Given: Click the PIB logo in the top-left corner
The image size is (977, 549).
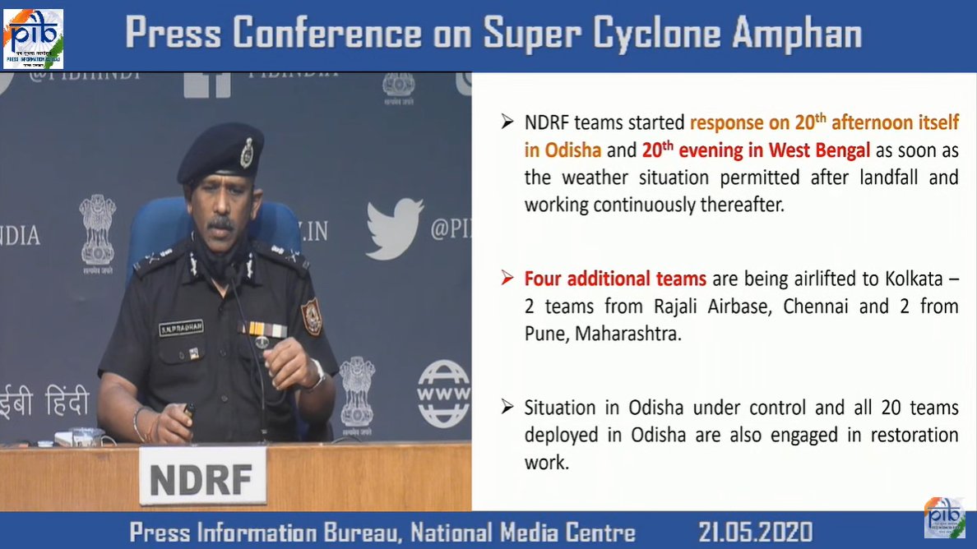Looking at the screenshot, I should [x=33, y=36].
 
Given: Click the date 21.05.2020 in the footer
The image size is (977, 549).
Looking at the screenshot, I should [x=755, y=531].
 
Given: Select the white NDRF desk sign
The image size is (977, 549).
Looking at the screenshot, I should [x=202, y=476].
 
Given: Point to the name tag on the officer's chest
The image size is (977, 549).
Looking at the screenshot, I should [x=181, y=328].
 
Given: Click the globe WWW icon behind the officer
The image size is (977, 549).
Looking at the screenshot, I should [x=443, y=394].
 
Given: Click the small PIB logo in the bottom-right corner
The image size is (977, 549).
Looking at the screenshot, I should [x=944, y=518].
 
